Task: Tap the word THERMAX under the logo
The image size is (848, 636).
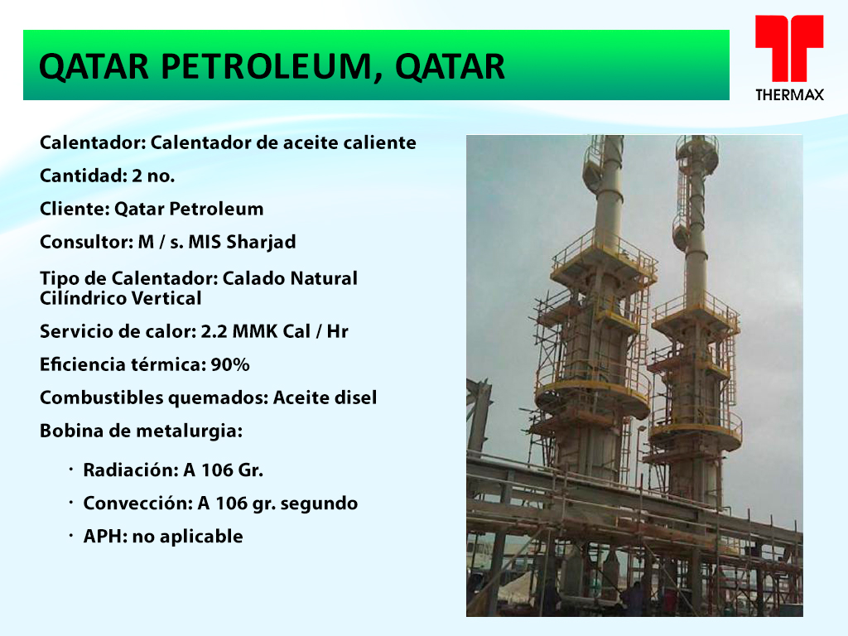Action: pyautogui.click(x=789, y=95)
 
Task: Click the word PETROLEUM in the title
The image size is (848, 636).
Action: pyautogui.click(x=267, y=67)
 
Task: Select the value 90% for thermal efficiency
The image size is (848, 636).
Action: pyautogui.click(x=230, y=364)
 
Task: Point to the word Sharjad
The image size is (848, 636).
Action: pyautogui.click(x=261, y=243)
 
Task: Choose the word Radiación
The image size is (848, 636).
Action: pyautogui.click(x=130, y=470)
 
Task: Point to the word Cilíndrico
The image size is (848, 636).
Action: pyautogui.click(x=80, y=298)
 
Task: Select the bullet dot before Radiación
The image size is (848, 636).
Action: pyautogui.click(x=71, y=470)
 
